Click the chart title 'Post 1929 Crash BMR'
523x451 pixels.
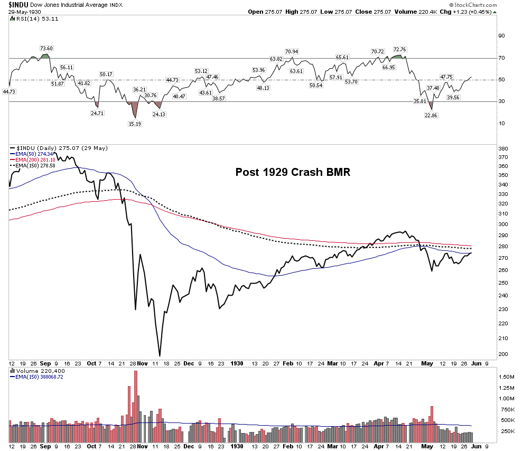[x=293, y=173]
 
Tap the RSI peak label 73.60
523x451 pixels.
[x=46, y=48]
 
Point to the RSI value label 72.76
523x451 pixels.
[x=399, y=50]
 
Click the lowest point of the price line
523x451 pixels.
[x=160, y=356]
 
